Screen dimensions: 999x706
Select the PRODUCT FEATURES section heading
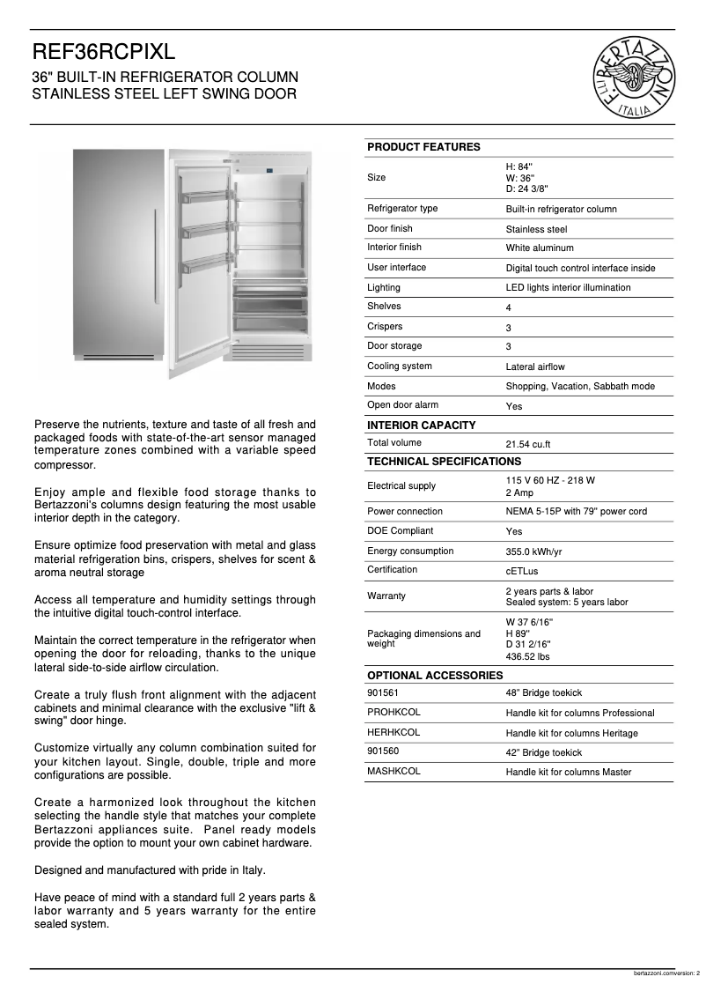tap(423, 147)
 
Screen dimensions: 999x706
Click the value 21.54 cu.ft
tap(528, 444)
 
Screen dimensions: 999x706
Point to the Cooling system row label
tap(399, 366)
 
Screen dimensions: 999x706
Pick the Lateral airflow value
tap(535, 366)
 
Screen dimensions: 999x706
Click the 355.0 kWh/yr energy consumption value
tap(533, 551)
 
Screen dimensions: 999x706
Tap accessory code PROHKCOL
tap(393, 712)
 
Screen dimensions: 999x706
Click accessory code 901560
tap(383, 751)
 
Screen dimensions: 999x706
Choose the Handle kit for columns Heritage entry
tap(571, 733)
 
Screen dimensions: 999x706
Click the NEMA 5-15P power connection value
tap(576, 512)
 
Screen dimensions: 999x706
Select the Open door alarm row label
tap(402, 405)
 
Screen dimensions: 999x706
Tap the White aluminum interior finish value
tap(539, 248)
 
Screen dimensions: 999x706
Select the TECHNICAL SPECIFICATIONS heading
tap(444, 462)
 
